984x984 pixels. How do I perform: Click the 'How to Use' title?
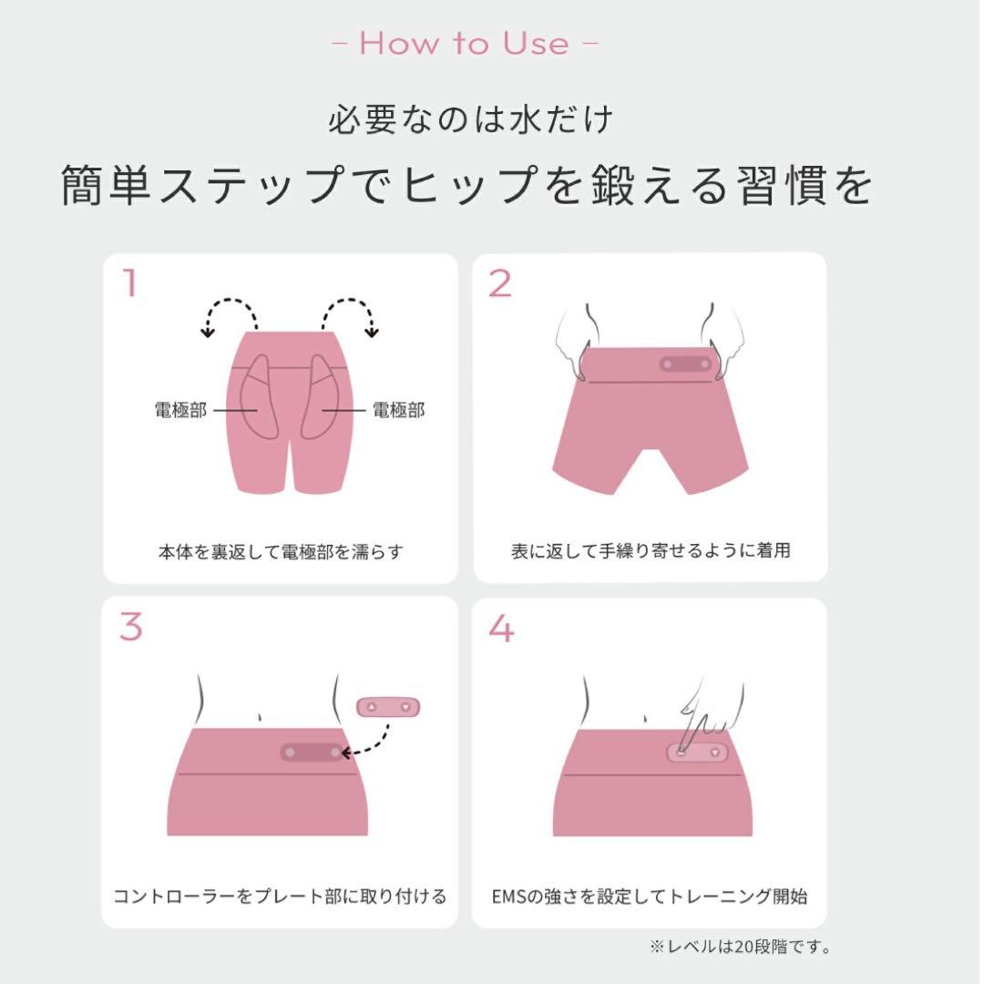pos(465,44)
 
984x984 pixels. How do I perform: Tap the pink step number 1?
pos(130,283)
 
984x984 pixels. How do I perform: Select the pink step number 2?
pos(500,284)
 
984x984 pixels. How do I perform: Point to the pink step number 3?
pos(130,627)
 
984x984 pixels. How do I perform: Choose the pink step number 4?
pos(501,628)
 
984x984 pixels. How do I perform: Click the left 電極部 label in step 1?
pos(180,410)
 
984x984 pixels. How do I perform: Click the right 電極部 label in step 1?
pos(399,410)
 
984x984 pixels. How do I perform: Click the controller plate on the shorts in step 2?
pos(686,364)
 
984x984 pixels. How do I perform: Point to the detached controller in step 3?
pos(388,707)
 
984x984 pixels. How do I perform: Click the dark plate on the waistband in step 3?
pos(313,752)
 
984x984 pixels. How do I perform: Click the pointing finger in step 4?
pos(693,719)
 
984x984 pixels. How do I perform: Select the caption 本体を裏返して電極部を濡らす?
pos(281,552)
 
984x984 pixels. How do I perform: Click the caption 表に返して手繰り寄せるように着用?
pos(651,550)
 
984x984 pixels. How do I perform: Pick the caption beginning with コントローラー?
pos(280,896)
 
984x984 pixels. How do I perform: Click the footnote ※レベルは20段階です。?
pos(740,947)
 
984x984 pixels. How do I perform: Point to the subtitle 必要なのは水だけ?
pos(471,119)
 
